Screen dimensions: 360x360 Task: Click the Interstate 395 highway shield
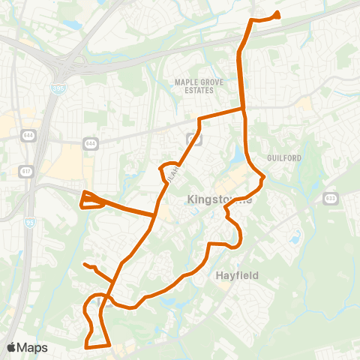point(58,88)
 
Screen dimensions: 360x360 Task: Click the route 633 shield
point(331,198)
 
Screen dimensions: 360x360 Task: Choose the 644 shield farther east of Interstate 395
point(90,142)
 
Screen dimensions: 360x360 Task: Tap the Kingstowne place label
point(218,201)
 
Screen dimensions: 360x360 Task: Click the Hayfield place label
point(239,275)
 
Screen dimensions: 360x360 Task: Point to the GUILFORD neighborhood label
point(283,158)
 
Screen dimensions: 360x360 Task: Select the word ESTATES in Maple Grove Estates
point(194,90)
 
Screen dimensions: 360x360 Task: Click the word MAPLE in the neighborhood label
point(185,81)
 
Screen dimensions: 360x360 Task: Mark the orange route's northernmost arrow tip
point(277,13)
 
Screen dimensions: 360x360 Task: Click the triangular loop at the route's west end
point(90,200)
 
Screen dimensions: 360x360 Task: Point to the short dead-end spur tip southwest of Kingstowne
point(85,265)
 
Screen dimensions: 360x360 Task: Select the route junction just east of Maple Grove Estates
point(244,110)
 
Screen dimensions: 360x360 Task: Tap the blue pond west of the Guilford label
point(238,155)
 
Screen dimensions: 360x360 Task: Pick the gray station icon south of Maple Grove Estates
point(193,139)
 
